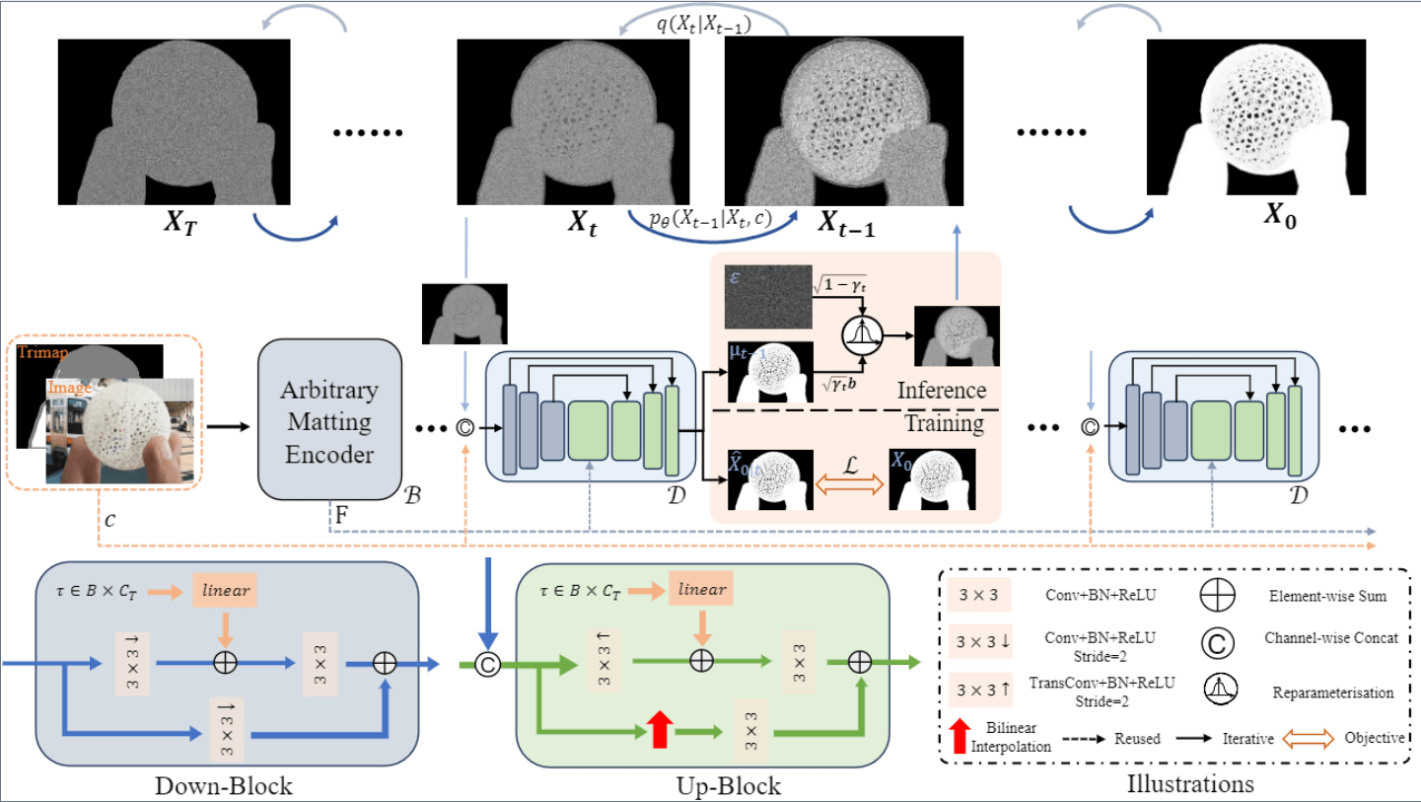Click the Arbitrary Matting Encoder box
[329, 419]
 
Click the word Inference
[941, 391]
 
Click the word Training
[944, 424]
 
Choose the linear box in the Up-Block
[702, 590]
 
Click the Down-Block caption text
[224, 786]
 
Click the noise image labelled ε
[767, 297]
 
